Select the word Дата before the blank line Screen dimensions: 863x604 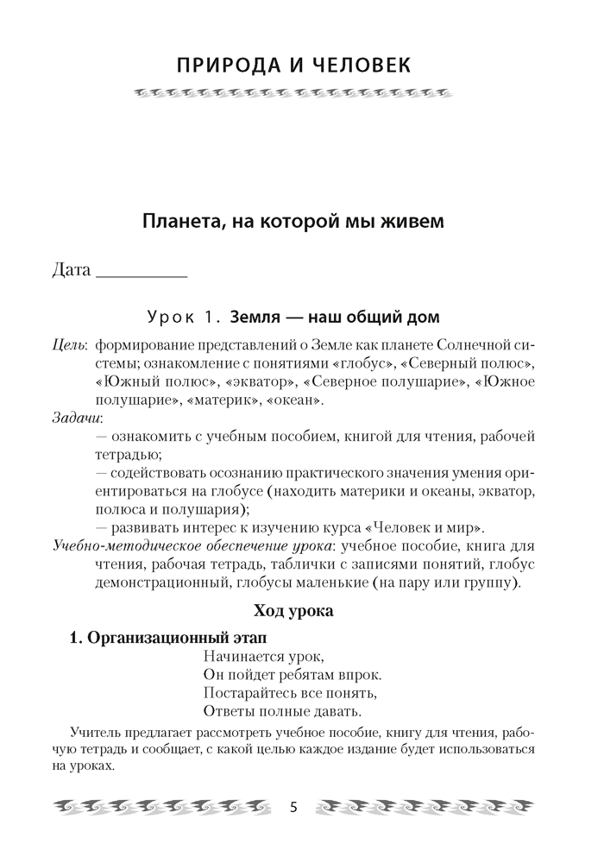pos(71,270)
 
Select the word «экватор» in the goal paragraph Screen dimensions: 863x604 pos(258,382)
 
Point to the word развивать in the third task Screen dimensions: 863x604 pos(148,527)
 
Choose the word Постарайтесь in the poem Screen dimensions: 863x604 pos(248,694)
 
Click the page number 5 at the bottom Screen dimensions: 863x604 pos(293,808)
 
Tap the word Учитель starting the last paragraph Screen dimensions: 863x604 pos(98,734)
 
